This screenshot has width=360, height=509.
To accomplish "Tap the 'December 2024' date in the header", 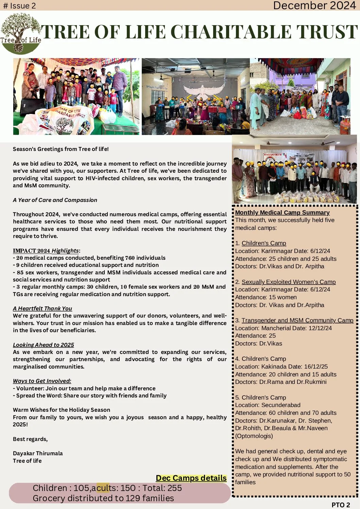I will tap(314, 5).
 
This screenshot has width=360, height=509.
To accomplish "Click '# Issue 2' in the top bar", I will tap(19, 6).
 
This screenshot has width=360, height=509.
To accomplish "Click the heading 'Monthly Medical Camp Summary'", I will tap(282, 213).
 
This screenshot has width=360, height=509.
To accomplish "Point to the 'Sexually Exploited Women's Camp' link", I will tap(288, 282).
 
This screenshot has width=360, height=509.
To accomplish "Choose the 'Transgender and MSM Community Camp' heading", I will tap(297, 320).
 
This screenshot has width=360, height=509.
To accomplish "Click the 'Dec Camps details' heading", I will tap(191, 478).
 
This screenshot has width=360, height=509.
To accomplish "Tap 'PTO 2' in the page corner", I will tap(341, 505).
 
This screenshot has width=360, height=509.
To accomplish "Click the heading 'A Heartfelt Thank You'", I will tap(42, 308).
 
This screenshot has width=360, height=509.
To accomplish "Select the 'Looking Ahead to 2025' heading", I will tap(44, 345).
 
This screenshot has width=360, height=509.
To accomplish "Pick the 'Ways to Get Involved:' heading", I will tap(42, 381).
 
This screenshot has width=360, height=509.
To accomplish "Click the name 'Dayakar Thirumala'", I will tap(38, 453).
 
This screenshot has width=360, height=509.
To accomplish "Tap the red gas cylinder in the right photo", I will tap(345, 126).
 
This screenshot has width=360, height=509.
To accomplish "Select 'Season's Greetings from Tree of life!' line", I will tap(61, 149).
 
